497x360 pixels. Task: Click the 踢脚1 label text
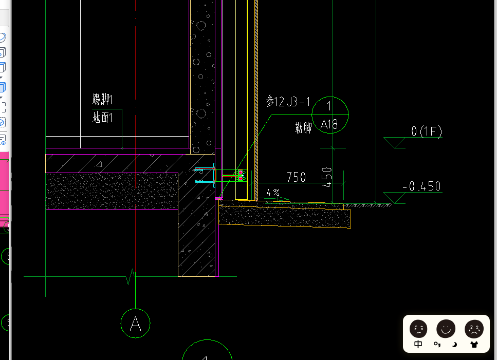(102, 100)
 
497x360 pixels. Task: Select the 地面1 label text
(102, 118)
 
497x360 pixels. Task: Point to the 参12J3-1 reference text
(288, 102)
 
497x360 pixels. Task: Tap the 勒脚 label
(303, 128)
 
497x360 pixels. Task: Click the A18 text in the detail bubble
(329, 124)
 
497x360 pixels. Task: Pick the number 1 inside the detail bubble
(329, 107)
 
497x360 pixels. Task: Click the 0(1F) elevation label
(426, 131)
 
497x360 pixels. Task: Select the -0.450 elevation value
(422, 186)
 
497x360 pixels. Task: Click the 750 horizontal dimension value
(296, 177)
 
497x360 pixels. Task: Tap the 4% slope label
(273, 193)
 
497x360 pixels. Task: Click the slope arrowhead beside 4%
(285, 199)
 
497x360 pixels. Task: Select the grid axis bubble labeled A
(135, 324)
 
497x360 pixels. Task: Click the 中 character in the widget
(418, 345)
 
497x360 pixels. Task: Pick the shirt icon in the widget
(473, 345)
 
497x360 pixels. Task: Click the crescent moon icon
(454, 345)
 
